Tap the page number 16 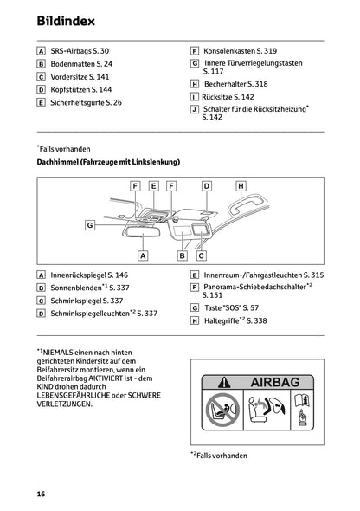[x=41, y=493]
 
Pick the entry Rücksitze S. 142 [x=228, y=98]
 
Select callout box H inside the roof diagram [x=240, y=185]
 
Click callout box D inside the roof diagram [x=206, y=185]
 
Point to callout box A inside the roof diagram [x=144, y=255]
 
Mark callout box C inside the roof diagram [x=201, y=255]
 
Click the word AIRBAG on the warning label [x=276, y=382]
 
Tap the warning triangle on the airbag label [x=225, y=382]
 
